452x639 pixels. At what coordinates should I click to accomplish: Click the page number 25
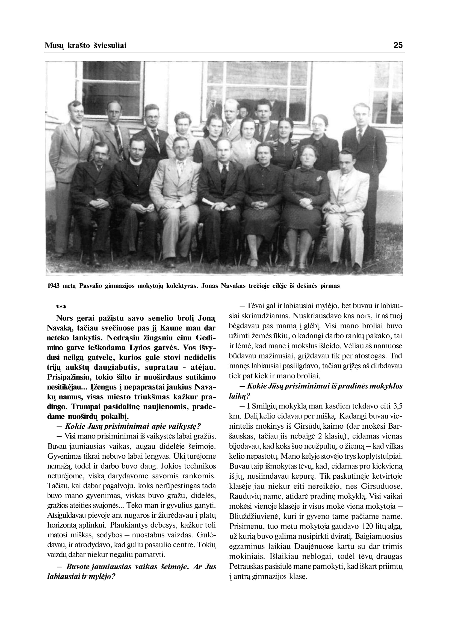click(398, 45)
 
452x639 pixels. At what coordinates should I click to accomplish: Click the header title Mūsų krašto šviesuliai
click(85, 45)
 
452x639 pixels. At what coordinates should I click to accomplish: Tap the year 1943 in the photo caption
click(54, 286)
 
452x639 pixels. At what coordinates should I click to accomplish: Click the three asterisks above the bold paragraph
click(61, 307)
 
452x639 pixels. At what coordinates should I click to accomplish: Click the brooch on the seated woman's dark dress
click(318, 178)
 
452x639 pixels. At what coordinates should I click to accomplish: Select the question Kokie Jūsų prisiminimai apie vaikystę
click(133, 426)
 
